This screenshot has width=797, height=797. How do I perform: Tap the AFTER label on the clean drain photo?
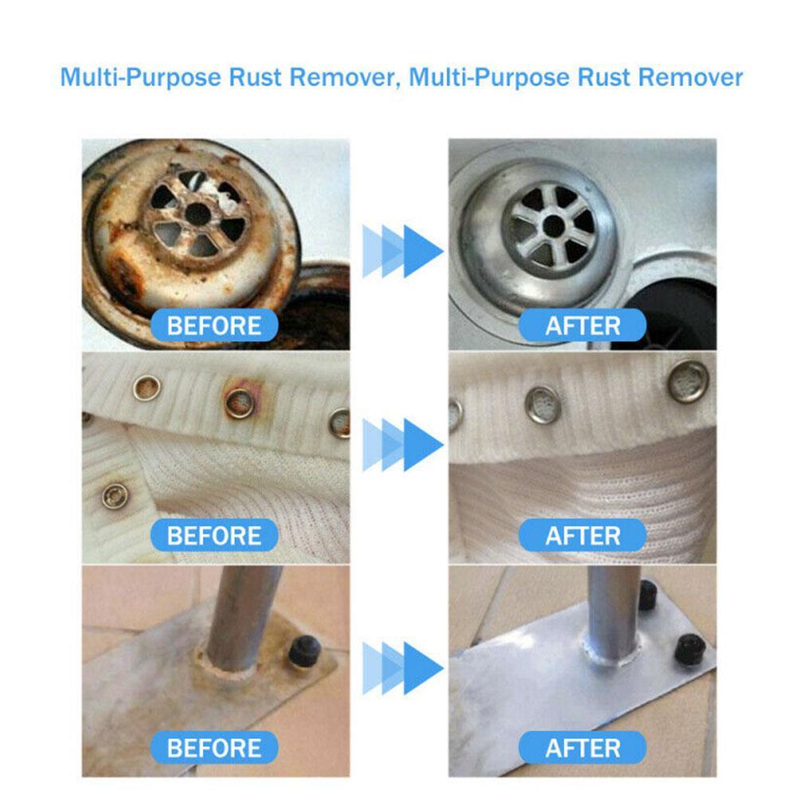coord(583,326)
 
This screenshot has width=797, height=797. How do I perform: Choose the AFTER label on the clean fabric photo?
coord(583,535)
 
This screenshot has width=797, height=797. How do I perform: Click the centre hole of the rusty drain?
coord(195,213)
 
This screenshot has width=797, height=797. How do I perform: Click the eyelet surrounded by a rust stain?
coord(239,402)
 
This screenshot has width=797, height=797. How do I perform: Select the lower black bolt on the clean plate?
coord(689,649)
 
